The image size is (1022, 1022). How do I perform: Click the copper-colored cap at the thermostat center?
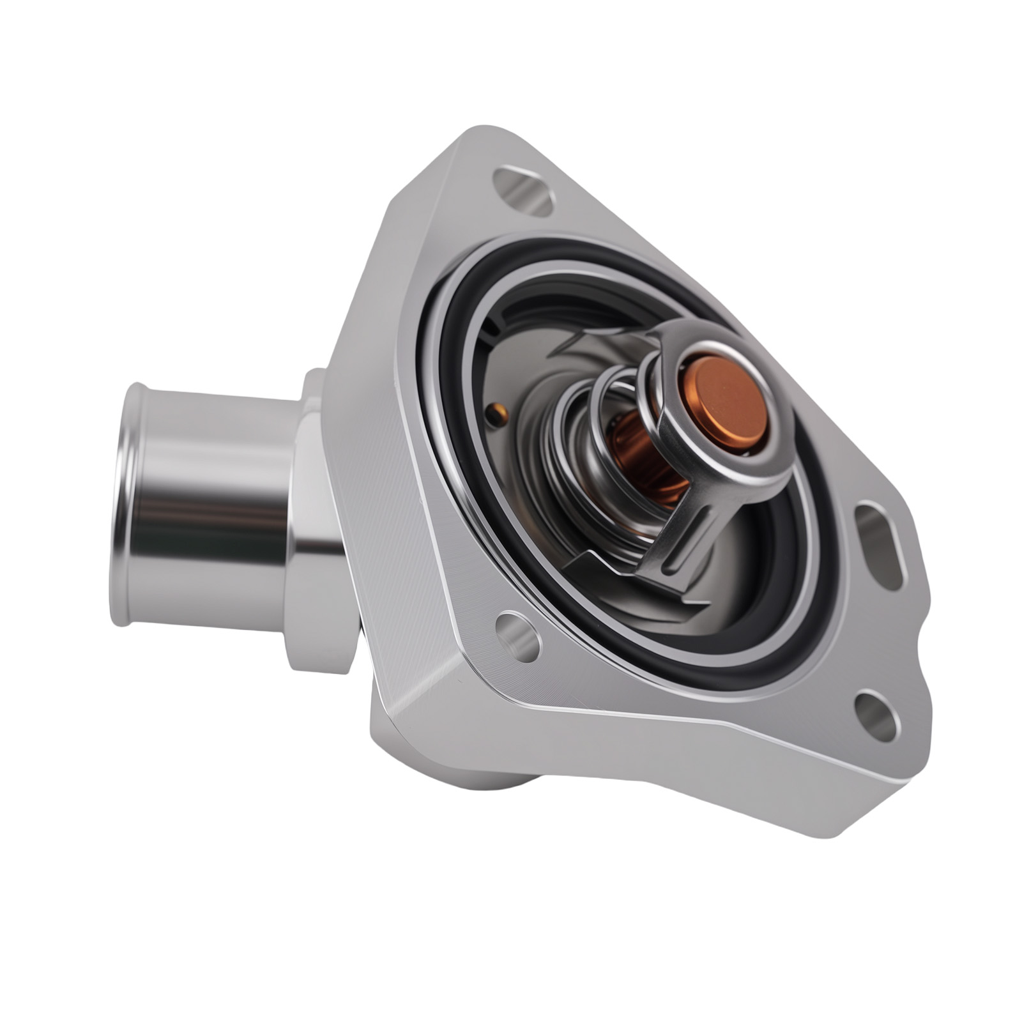(729, 404)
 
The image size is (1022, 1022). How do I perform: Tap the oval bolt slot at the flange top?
(523, 190)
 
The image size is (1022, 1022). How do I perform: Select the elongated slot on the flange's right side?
(878, 546)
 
